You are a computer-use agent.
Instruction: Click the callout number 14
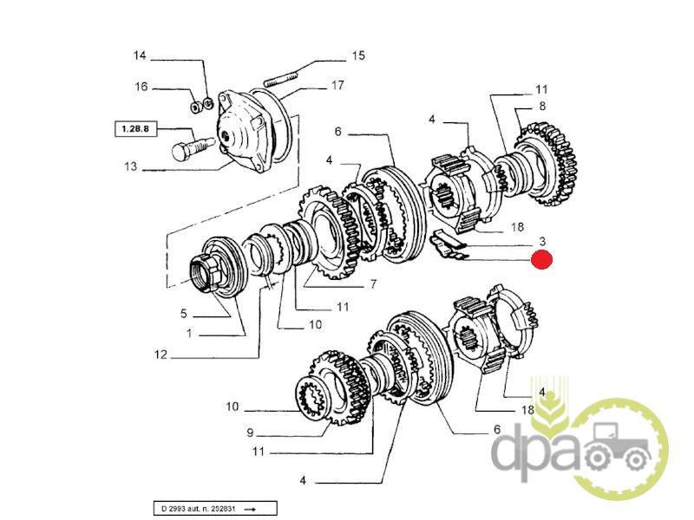[140, 56]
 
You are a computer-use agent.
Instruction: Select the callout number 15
[357, 57]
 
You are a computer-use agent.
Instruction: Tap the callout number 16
[140, 87]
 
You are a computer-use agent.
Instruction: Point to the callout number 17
[337, 85]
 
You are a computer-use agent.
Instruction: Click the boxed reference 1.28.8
[133, 129]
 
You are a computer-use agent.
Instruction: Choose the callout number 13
[130, 167]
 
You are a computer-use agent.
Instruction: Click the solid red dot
[542, 259]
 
